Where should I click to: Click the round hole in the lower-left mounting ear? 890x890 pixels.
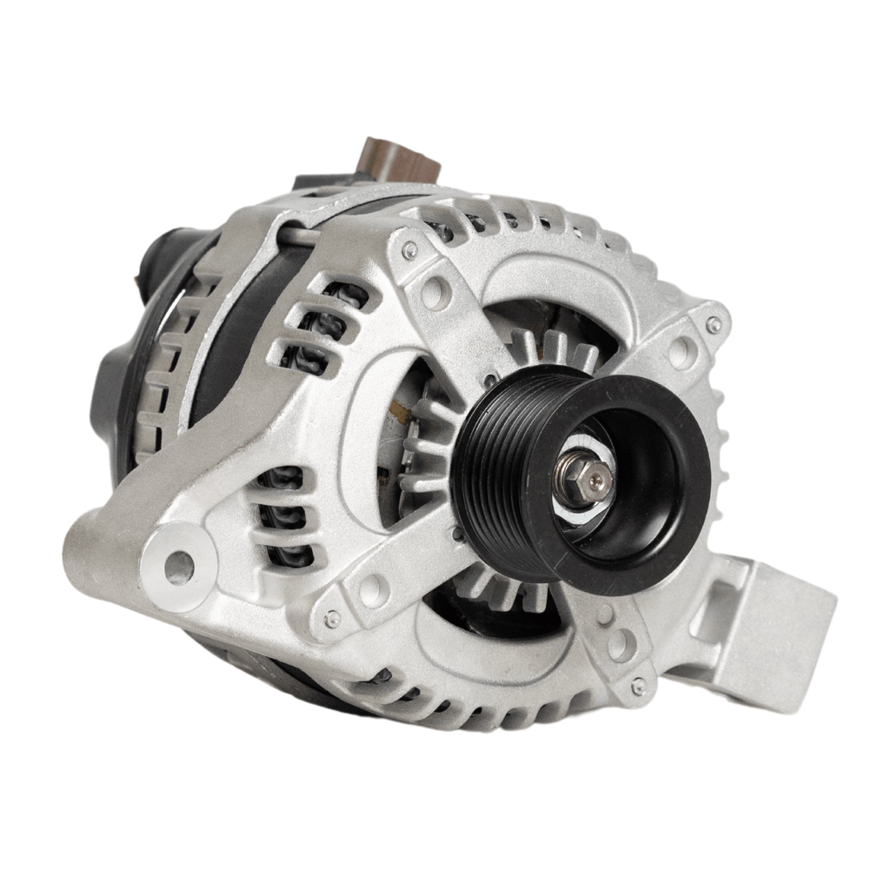click(179, 567)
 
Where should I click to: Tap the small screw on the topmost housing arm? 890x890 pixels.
click(408, 250)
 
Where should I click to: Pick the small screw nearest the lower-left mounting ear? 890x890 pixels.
click(332, 619)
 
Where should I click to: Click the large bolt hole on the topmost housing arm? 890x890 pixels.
click(435, 292)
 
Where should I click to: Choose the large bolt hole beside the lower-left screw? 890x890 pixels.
click(375, 590)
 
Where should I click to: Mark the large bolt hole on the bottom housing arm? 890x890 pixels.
click(619, 644)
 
